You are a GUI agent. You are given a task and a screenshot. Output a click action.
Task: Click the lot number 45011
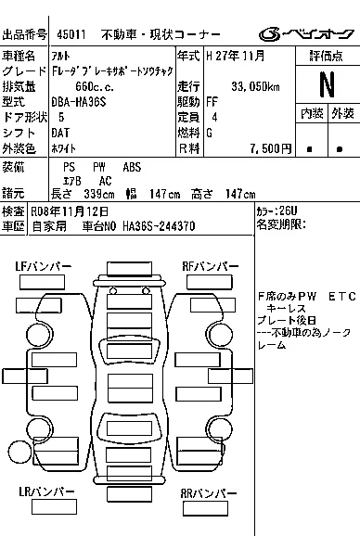[71, 34]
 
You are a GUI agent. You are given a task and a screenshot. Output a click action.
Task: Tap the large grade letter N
[327, 84]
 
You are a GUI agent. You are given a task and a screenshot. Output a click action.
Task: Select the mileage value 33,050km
[255, 87]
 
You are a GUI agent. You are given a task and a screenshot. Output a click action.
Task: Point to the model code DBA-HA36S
[79, 102]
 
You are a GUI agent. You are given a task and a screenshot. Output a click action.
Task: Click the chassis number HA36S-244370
[159, 226]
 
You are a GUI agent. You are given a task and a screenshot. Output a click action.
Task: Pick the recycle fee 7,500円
[270, 148]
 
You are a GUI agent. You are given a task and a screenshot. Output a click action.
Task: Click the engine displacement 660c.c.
[95, 87]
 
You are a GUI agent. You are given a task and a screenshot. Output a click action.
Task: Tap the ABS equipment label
[132, 167]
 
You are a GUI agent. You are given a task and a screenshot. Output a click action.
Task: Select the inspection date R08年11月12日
[70, 211]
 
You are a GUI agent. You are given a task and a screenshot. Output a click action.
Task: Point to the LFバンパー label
[43, 266]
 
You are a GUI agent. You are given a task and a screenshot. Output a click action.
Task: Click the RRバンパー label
[208, 493]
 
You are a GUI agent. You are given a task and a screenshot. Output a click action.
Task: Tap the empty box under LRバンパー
[54, 507]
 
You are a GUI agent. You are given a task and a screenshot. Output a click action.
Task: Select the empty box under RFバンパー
[210, 282]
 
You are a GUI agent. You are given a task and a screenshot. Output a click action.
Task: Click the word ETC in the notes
[342, 297]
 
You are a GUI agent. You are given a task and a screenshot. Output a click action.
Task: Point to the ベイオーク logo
[306, 33]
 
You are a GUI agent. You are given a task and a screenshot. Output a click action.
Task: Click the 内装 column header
[312, 113]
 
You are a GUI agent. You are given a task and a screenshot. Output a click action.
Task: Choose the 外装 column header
[342, 113]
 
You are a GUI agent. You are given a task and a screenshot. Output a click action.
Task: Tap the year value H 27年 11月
[236, 56]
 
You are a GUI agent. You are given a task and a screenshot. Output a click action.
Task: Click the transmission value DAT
[60, 133]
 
